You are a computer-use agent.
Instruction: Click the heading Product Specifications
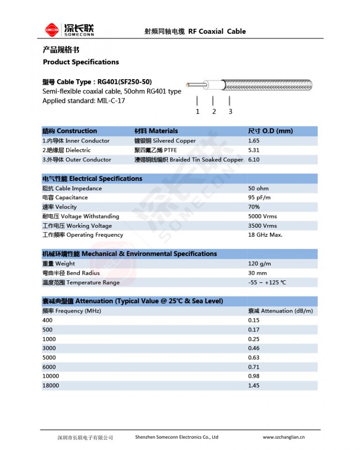click(x=81, y=62)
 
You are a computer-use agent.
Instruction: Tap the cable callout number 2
click(x=214, y=112)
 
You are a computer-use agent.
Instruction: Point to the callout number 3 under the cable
click(x=230, y=112)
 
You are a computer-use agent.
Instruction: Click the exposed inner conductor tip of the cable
click(x=188, y=85)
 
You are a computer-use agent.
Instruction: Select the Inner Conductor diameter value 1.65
click(x=254, y=141)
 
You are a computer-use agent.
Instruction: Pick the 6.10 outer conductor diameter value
click(x=254, y=159)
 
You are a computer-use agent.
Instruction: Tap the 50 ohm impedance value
click(x=258, y=188)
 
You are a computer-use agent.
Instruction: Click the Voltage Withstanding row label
click(x=81, y=216)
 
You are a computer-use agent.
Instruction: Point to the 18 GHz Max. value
click(x=265, y=235)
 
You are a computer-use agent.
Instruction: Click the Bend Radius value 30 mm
click(x=257, y=273)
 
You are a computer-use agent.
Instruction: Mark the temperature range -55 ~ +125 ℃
click(x=267, y=283)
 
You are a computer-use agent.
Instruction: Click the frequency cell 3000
click(x=49, y=348)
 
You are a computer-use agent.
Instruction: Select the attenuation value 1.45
click(x=254, y=385)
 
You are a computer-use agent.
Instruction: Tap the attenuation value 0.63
click(x=254, y=357)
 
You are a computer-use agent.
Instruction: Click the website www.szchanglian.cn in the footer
click(x=283, y=437)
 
